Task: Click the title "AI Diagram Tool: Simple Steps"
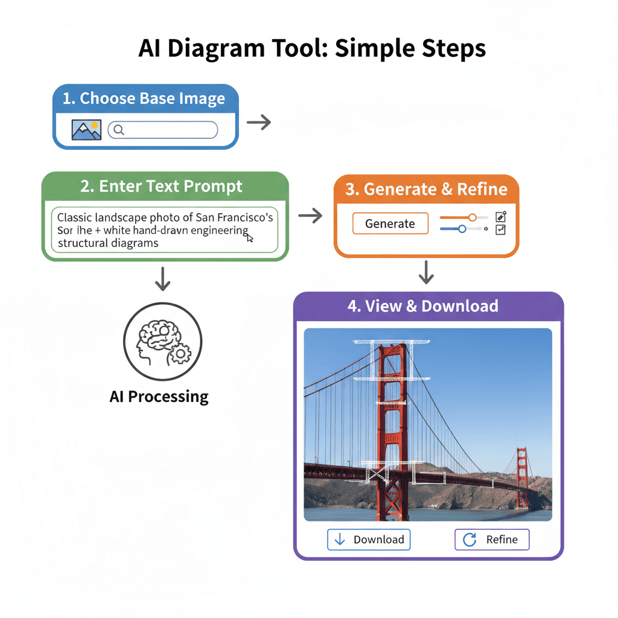312,48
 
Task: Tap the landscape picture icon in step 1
86,130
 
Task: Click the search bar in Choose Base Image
162,130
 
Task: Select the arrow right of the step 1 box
259,123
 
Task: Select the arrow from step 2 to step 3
310,215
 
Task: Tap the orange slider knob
473,217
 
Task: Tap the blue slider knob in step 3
462,229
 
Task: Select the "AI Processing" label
159,397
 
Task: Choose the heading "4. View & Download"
422,306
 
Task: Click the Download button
369,540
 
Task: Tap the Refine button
491,540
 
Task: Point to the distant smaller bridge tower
521,477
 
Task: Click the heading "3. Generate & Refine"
426,189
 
